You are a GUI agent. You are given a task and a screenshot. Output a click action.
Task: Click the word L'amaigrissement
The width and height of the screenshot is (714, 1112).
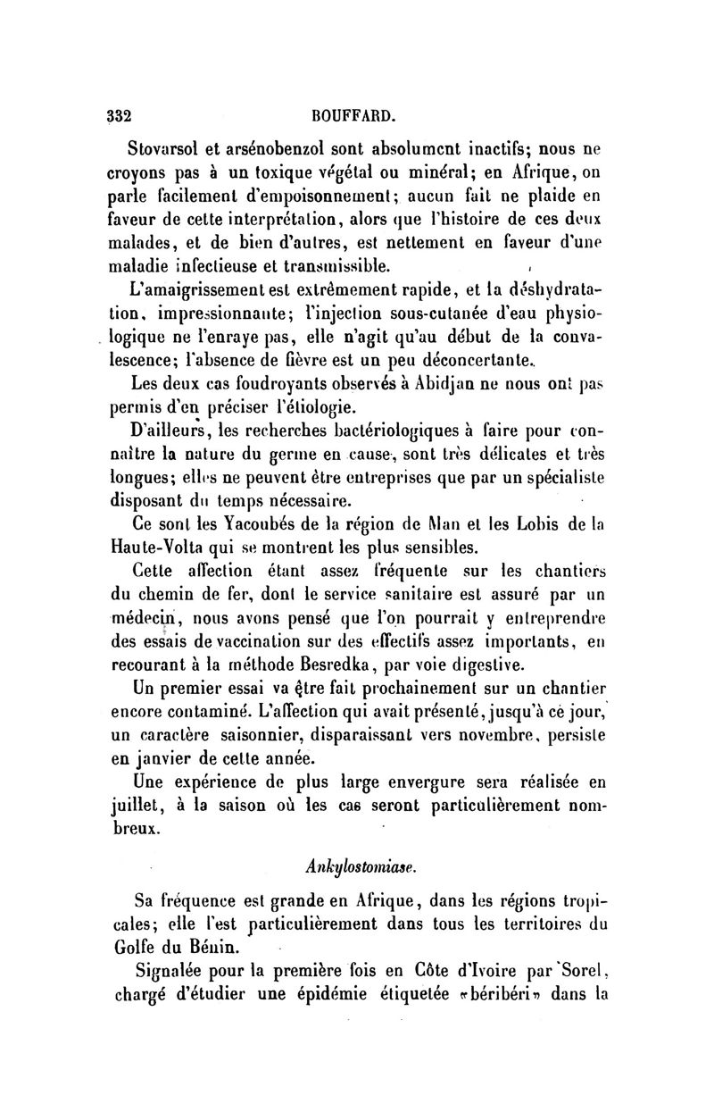(194, 288)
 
